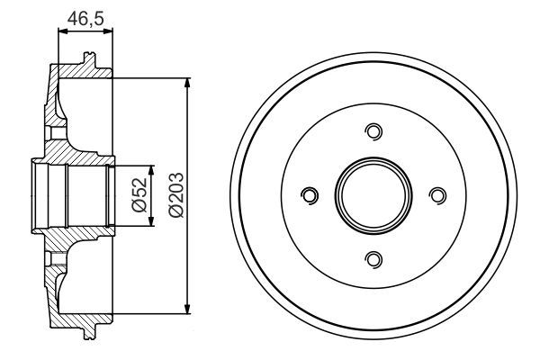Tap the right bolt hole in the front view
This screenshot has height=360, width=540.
(438, 195)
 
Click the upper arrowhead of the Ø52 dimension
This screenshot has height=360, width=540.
(152, 169)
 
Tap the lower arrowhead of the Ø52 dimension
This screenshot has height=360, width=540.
(152, 222)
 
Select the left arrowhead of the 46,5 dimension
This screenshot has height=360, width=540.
(61, 31)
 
